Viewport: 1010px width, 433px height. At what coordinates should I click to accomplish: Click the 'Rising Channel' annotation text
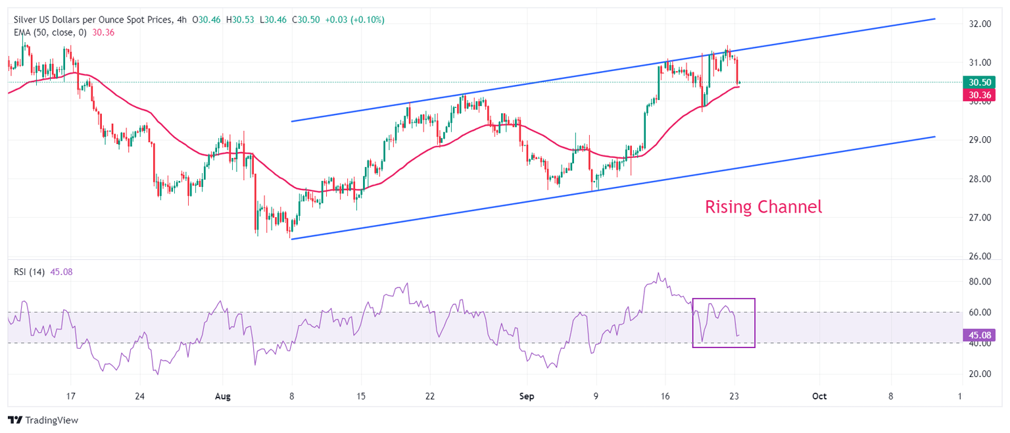[763, 207]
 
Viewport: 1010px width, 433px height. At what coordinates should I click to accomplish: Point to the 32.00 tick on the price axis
[980, 24]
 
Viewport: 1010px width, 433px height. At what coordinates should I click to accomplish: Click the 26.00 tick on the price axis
[980, 257]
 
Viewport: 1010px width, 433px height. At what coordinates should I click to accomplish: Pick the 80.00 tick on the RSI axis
[980, 282]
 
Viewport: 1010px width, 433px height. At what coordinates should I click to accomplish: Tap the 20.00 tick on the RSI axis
[980, 374]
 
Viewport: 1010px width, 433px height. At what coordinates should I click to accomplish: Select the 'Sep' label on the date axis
[525, 397]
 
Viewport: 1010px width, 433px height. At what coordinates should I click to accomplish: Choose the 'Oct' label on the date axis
[819, 397]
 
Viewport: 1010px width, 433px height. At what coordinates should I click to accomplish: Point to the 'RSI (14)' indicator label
[29, 272]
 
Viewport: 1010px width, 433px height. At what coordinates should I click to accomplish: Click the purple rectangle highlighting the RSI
[723, 299]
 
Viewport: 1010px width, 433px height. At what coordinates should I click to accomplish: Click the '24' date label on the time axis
[139, 397]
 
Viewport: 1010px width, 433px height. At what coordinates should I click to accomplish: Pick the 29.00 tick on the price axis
[980, 140]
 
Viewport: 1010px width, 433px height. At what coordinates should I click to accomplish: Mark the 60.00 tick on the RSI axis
[980, 313]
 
